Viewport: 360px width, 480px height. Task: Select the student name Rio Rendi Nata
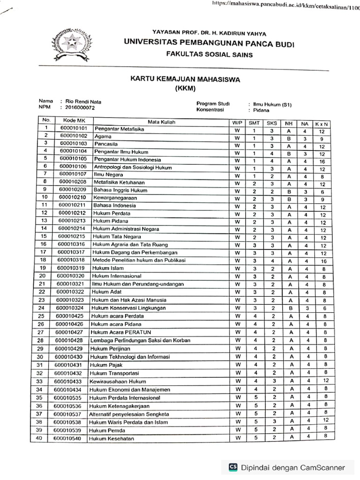coord(83,101)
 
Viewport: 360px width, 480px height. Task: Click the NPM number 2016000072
coord(80,107)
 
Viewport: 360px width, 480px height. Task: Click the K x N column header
coord(322,123)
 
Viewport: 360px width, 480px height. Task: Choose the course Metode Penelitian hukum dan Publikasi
coord(139,260)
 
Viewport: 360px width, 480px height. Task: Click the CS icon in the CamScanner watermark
coord(233,467)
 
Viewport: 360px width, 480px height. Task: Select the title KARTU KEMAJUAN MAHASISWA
coord(185,79)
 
